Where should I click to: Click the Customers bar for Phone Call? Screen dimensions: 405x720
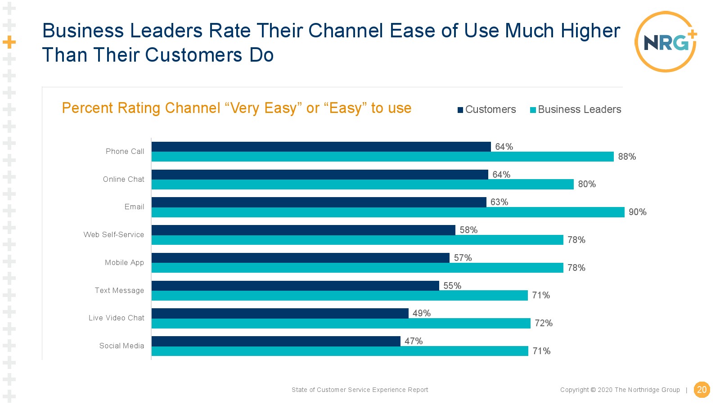click(x=321, y=147)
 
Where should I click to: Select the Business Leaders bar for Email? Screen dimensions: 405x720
click(x=388, y=212)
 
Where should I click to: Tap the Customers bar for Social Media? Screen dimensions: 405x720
click(x=276, y=341)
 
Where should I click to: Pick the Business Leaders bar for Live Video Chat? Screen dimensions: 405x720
click(x=341, y=324)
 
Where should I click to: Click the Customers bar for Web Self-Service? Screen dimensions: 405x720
click(x=303, y=230)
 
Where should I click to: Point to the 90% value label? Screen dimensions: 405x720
click(x=637, y=212)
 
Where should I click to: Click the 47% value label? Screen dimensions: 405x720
click(x=413, y=341)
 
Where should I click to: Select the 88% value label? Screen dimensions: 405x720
click(x=627, y=157)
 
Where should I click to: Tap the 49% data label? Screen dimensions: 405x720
click(x=421, y=313)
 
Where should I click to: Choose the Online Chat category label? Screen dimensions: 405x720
click(x=123, y=179)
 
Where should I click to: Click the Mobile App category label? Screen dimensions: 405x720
click(x=124, y=262)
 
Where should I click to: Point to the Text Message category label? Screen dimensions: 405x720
click(x=119, y=290)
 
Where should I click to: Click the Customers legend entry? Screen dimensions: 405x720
click(x=487, y=109)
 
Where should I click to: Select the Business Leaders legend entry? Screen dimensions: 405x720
click(x=576, y=109)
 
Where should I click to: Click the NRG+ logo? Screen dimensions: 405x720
click(x=666, y=42)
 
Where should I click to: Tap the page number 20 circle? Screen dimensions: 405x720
click(x=702, y=390)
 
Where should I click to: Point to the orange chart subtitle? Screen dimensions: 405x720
click(x=236, y=108)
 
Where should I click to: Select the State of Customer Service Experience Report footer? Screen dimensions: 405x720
click(x=360, y=390)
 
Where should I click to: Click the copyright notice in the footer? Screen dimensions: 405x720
click(x=620, y=390)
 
